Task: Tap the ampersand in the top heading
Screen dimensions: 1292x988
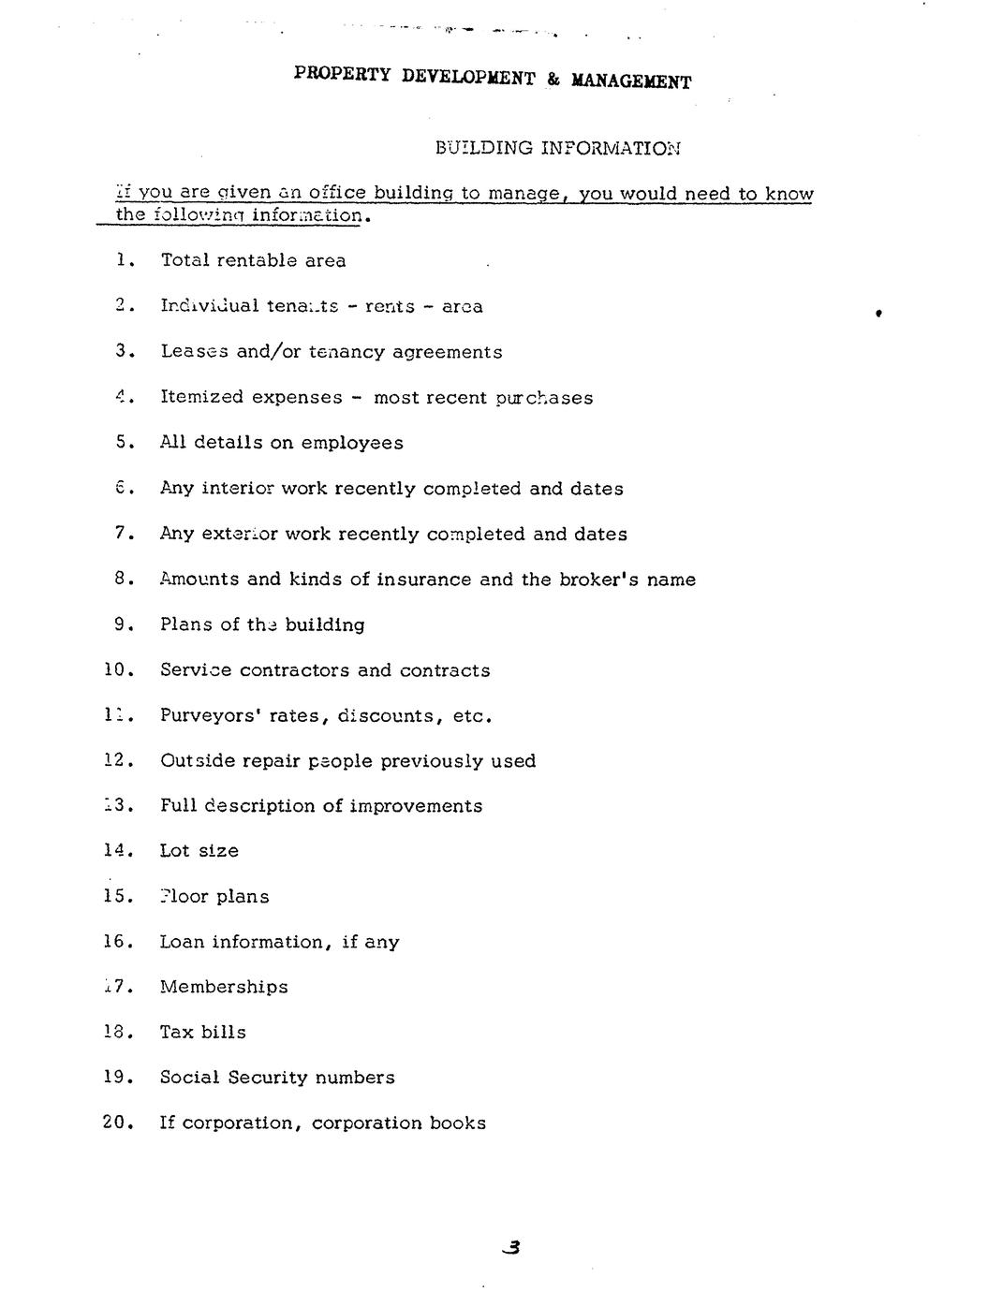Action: tap(553, 80)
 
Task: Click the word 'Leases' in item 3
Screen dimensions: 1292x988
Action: tap(195, 352)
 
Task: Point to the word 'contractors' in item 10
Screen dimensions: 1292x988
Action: tap(295, 670)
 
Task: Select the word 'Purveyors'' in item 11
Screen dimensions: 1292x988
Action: tap(211, 716)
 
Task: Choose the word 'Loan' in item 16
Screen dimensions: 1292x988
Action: tap(181, 942)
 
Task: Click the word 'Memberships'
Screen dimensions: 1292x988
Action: tap(224, 987)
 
